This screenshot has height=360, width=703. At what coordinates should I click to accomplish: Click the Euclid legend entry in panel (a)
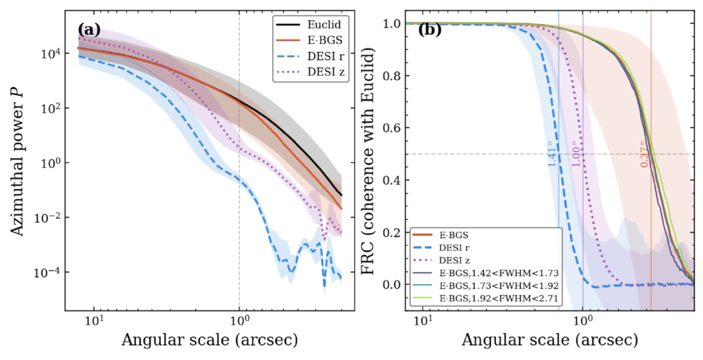point(310,24)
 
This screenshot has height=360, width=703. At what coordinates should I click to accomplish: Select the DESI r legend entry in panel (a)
point(310,56)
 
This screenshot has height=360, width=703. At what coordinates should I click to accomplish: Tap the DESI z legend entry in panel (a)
point(310,72)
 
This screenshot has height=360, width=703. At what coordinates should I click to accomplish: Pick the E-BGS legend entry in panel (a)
point(310,40)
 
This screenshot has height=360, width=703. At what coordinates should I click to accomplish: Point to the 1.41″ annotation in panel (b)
point(552,154)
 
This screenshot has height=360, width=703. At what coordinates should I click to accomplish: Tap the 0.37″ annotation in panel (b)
point(644,154)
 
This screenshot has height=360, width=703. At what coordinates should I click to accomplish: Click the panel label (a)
point(89,30)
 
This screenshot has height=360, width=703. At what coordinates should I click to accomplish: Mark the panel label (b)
point(429,30)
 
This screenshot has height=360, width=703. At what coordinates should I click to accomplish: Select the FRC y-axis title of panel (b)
point(368,161)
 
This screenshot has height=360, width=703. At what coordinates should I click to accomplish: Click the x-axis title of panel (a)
point(210,340)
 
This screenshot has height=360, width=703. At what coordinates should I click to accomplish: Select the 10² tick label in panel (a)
point(50,108)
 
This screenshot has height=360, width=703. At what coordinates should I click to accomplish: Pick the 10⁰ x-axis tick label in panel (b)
point(583,321)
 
